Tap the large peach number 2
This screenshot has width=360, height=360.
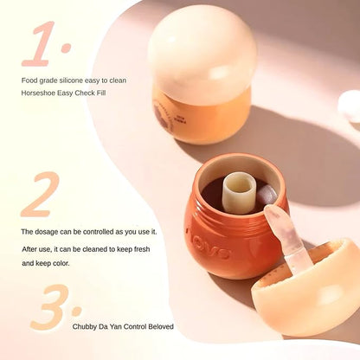tap(41, 194)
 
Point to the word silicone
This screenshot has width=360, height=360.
tap(71, 80)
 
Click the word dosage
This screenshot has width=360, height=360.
tap(46, 232)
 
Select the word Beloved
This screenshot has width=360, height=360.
tap(161, 326)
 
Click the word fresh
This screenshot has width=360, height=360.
tap(142, 249)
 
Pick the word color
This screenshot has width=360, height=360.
tap(61, 263)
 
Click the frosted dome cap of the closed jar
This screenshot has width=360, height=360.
tap(202, 52)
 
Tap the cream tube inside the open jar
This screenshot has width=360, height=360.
tap(239, 192)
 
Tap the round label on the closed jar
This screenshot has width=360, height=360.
tap(163, 115)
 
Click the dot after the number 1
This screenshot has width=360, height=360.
tap(66, 48)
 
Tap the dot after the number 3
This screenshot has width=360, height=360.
tap(77, 311)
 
